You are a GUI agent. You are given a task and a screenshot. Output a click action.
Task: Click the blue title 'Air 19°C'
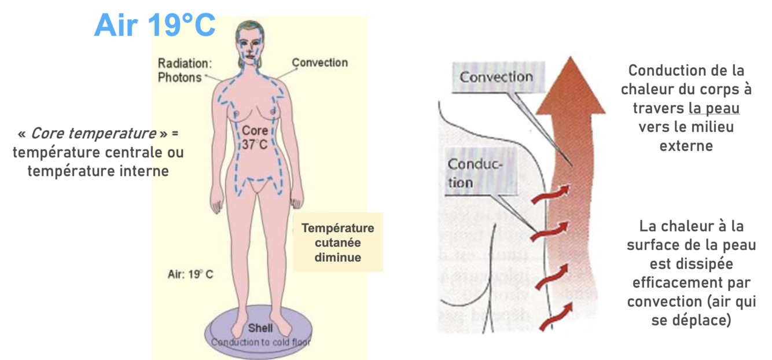(x=155, y=25)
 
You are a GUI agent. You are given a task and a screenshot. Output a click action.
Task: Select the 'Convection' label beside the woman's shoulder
(x=319, y=63)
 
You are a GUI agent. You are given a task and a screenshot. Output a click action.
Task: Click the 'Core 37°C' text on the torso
(x=255, y=137)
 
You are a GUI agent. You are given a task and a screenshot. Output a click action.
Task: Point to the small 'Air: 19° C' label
(x=190, y=274)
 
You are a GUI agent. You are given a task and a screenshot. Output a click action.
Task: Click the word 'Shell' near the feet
(x=260, y=328)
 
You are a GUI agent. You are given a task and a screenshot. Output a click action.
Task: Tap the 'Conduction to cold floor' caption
(x=260, y=342)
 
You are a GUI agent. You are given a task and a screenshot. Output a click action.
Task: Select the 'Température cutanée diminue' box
(x=338, y=243)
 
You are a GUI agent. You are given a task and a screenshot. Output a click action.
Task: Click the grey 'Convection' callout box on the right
(x=496, y=77)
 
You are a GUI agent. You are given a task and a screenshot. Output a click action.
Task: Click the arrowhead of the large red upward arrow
(x=570, y=87)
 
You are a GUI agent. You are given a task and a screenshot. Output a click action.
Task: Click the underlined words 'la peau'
(x=714, y=108)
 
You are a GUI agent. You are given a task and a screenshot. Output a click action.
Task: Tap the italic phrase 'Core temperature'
(x=93, y=134)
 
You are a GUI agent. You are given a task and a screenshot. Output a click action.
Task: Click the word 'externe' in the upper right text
(x=686, y=145)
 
